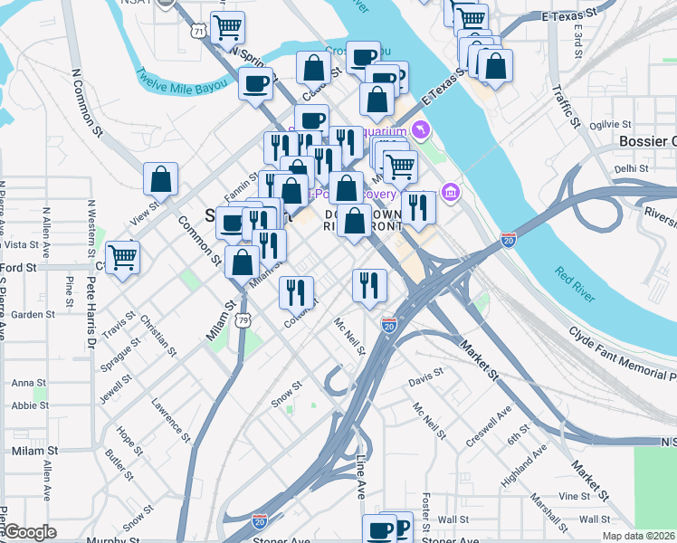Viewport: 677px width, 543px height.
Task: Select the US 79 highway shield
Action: tap(243, 320)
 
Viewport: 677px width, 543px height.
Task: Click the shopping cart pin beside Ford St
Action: tap(122, 256)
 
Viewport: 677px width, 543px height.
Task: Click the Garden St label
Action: tap(33, 314)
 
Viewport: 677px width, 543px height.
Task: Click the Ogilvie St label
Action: tap(610, 125)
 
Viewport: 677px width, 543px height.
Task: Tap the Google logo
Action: tap(30, 531)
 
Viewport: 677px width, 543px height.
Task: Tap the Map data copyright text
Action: tap(638, 536)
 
